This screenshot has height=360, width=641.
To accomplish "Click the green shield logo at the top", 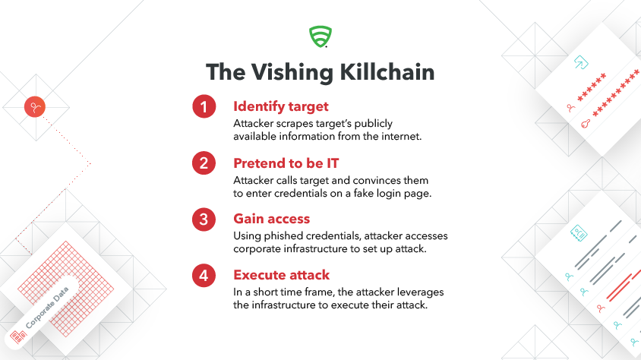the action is pyautogui.click(x=320, y=36).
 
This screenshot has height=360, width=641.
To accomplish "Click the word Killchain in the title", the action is pyautogui.click(x=387, y=72).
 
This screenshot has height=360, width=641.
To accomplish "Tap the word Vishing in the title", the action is pyautogui.click(x=292, y=73).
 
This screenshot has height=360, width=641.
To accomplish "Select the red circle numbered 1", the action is pyautogui.click(x=204, y=106).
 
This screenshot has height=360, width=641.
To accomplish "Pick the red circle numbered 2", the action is pyautogui.click(x=204, y=163).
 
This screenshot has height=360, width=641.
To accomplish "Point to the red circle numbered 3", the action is pyautogui.click(x=204, y=219).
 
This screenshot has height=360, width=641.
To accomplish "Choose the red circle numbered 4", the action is pyautogui.click(x=204, y=276).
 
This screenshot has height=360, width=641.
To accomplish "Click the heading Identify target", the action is pyautogui.click(x=281, y=106).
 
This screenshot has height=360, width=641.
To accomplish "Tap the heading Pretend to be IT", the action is pyautogui.click(x=286, y=163).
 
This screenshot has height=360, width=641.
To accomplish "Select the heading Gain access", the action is pyautogui.click(x=271, y=219).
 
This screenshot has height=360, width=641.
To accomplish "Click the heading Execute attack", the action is pyautogui.click(x=281, y=275).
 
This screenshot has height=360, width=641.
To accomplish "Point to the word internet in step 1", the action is pyautogui.click(x=401, y=136).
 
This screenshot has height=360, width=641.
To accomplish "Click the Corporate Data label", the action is pyautogui.click(x=47, y=308).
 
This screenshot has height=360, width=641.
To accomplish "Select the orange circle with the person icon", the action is pyautogui.click(x=35, y=107).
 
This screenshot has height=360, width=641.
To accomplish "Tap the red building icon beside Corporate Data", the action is pyautogui.click(x=18, y=336).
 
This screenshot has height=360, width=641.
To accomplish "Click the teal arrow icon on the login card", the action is pyautogui.click(x=581, y=62).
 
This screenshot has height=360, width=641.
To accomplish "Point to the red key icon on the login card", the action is pyautogui.click(x=586, y=123).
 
